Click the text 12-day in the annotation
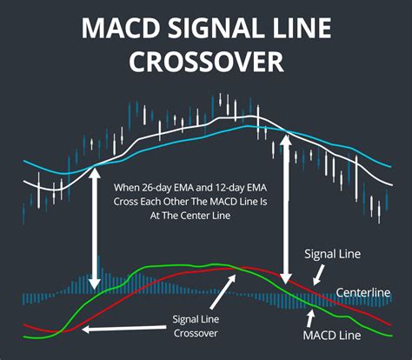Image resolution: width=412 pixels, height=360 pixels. [x=243, y=187]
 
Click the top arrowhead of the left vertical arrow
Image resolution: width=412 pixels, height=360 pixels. [x=94, y=171]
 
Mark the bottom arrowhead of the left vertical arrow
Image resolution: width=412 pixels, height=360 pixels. [x=94, y=280]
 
